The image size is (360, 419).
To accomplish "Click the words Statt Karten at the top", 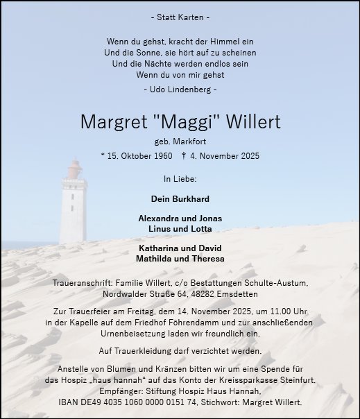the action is click(180, 16).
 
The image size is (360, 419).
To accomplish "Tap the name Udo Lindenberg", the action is click(180, 89).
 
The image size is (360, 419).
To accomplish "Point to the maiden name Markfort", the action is click(188, 142).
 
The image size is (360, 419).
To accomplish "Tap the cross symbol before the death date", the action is click(185, 156).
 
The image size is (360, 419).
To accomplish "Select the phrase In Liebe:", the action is click(180, 178).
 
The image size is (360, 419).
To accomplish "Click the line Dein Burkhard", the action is click(180, 198).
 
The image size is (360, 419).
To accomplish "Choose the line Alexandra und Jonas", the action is click(180, 218).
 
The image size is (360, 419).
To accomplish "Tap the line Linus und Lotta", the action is click(180, 228).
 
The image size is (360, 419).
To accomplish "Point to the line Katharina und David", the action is click(180, 248).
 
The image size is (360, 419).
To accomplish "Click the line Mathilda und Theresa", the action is click(180, 259).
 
